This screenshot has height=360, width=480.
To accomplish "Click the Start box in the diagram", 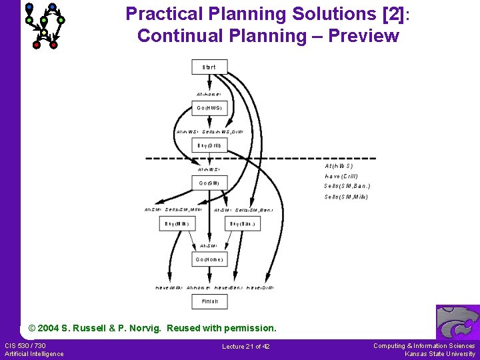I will [x=209, y=67].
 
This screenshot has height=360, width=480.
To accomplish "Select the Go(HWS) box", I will [x=209, y=107].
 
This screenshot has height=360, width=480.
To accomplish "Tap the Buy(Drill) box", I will [x=209, y=145].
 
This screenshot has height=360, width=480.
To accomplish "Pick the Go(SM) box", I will [x=209, y=183].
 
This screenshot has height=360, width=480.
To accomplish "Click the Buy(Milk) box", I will [x=177, y=224].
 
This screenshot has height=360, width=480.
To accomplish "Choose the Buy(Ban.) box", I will [x=243, y=224].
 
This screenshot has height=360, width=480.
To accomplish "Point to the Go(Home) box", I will [x=209, y=259].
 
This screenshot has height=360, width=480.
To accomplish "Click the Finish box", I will [x=209, y=301].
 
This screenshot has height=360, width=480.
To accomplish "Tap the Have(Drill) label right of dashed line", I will [x=341, y=176].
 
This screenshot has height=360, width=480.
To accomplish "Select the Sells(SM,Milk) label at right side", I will [x=346, y=197].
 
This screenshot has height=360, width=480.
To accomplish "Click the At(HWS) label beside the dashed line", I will [x=339, y=165].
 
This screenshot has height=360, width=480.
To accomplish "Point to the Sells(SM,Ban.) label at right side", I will [x=347, y=186].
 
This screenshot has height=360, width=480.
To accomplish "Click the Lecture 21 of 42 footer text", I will [x=245, y=346].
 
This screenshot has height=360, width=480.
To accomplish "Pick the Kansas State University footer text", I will [x=440, y=354].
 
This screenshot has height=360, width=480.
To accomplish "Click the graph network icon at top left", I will [x=44, y=25].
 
